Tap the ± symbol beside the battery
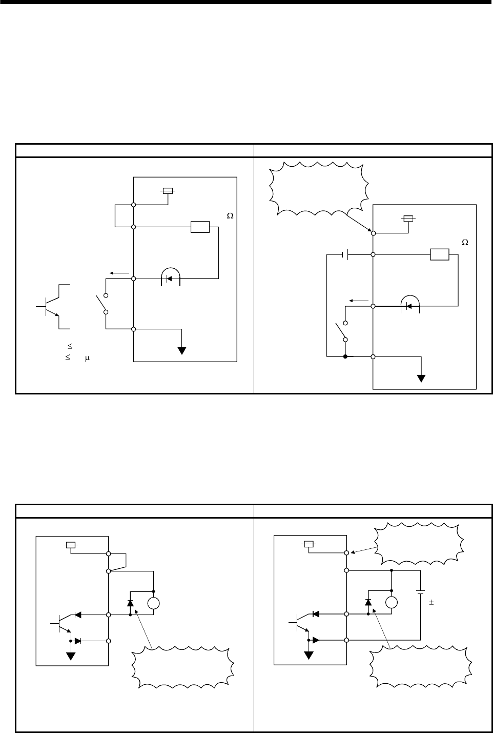(432, 604)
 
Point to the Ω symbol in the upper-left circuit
(230, 216)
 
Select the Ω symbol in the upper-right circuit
(465, 242)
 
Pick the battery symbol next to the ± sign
(421, 594)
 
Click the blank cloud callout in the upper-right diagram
(318, 188)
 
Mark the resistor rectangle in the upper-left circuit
(200, 227)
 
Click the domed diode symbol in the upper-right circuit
(409, 305)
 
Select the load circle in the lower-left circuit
(154, 603)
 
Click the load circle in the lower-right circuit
(392, 603)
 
